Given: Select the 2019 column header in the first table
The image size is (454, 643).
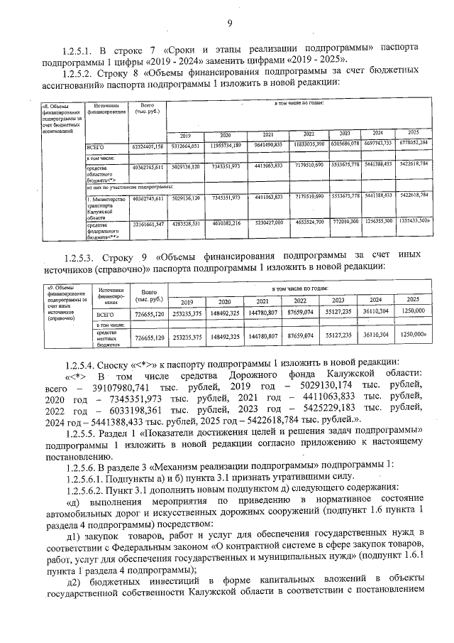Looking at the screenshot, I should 185,134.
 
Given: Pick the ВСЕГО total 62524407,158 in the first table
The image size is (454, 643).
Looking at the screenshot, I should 148,146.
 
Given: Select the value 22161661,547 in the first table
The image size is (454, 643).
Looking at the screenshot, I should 148,224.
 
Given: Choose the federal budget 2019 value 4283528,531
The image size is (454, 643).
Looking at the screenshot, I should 185,223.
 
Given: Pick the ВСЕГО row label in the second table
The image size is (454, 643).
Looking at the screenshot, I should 105,313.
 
